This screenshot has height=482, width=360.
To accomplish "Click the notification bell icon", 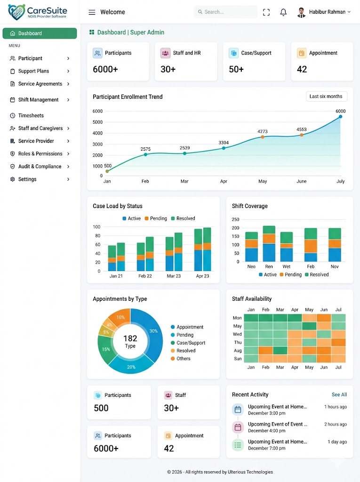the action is click(283, 12).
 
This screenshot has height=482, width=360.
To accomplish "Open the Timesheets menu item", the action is click(31, 116).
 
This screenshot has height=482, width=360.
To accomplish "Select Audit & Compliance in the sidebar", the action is click(40, 166).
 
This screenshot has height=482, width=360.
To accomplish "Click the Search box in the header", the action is click(225, 12).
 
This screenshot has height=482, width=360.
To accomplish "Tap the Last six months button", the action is click(326, 96).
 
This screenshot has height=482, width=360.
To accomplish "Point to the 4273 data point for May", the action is click(263, 137).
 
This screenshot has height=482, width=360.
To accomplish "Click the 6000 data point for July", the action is click(340, 117).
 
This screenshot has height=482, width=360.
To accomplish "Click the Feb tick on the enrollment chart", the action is click(145, 181).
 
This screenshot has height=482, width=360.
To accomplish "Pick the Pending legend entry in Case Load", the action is click(156, 218).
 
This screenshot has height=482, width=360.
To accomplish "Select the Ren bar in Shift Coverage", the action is click(269, 243).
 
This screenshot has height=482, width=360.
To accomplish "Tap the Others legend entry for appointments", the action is click(181, 358).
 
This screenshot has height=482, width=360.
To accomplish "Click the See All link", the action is click(339, 395).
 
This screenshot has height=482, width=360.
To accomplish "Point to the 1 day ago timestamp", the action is click(337, 442).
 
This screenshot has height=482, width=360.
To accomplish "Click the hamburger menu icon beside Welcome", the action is click(92, 12).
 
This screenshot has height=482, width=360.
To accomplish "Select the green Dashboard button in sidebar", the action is click(40, 33).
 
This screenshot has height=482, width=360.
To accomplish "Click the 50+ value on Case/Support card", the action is click(236, 69).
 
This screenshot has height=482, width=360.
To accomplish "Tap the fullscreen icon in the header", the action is click(266, 12).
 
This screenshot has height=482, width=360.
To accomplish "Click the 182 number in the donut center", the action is click(130, 338).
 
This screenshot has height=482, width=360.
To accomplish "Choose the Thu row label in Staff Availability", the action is click(238, 343).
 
